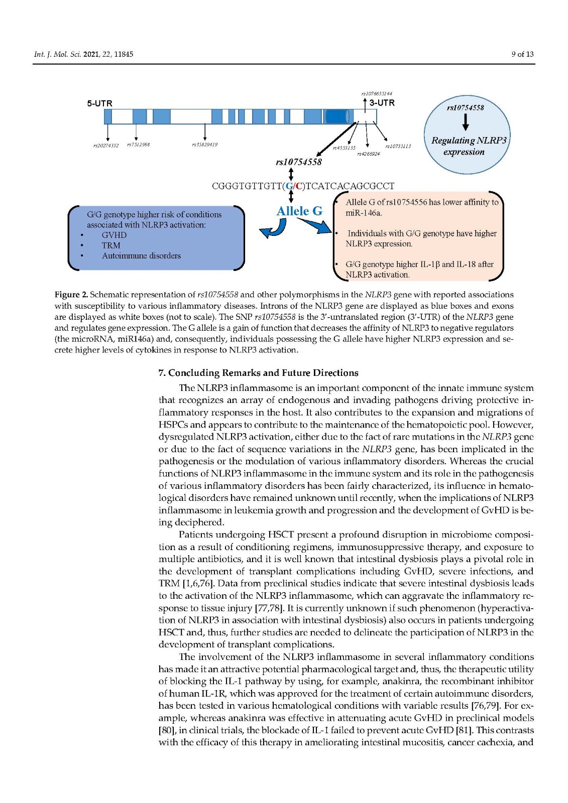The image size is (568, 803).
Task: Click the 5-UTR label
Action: tap(99, 103)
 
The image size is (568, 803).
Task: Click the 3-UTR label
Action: tap(382, 103)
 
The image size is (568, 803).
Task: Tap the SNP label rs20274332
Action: tap(106, 146)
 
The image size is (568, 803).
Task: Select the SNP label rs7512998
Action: tap(138, 145)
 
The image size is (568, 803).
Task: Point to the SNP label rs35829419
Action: tap(204, 145)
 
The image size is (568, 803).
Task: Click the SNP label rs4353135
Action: tap(344, 148)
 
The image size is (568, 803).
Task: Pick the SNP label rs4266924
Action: tap(368, 154)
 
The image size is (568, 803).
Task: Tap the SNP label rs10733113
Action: tap(398, 146)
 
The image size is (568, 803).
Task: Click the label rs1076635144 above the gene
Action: tap(377, 93)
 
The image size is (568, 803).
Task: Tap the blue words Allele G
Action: tap(299, 211)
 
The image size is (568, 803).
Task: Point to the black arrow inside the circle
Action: tap(466, 122)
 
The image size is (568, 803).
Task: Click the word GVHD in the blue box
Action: tap(114, 235)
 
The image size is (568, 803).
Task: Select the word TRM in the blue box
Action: tap(111, 245)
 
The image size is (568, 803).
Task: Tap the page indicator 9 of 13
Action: tap(522, 54)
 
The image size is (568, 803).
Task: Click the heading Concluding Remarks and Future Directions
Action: tap(258, 373)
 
